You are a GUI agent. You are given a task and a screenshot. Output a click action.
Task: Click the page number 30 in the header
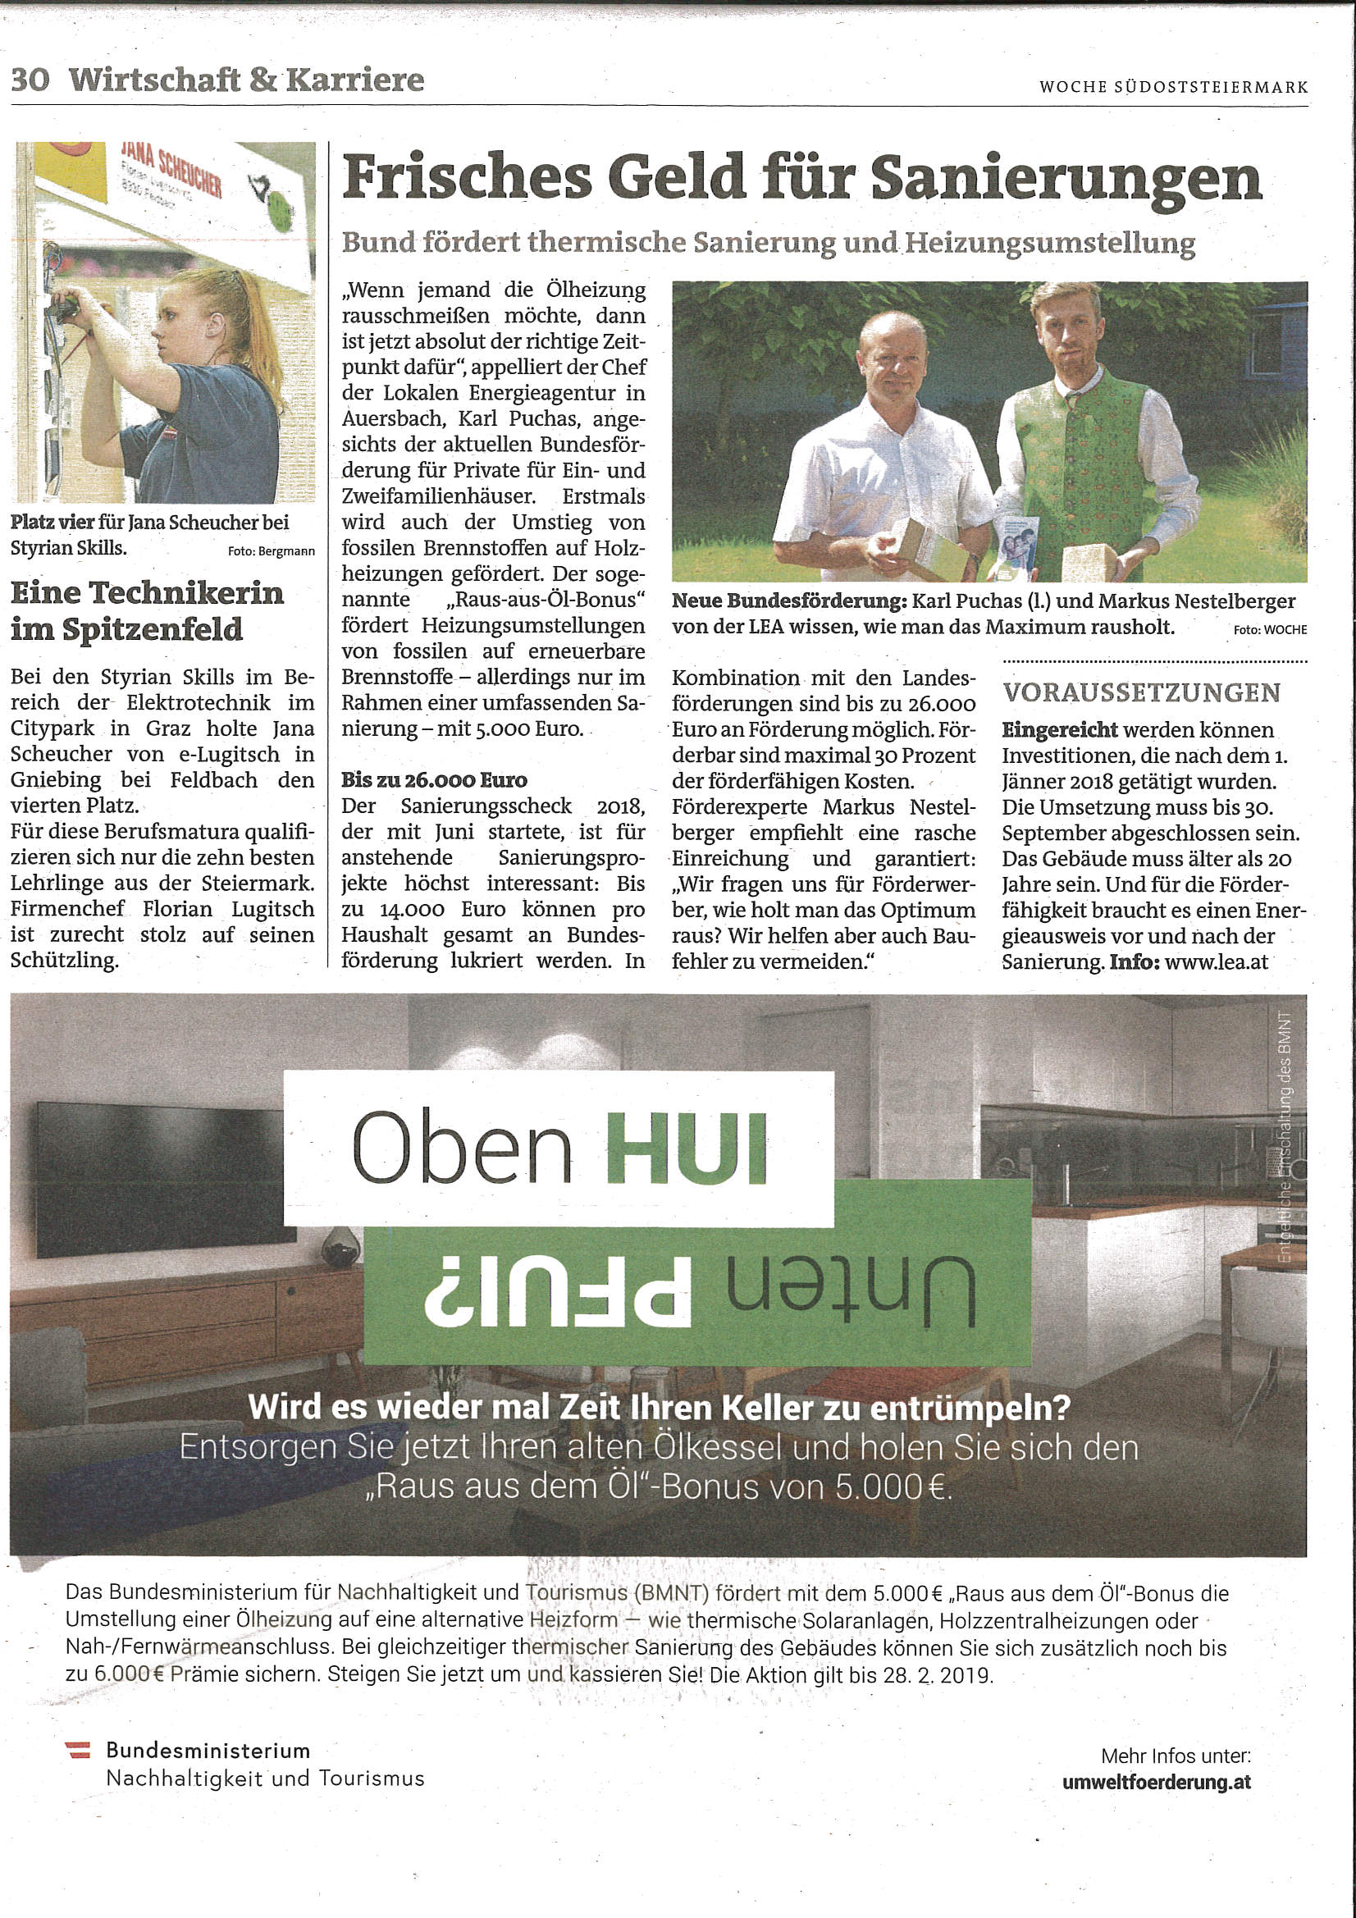(x=30, y=80)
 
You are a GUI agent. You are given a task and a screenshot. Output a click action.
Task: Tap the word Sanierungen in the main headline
(x=1065, y=180)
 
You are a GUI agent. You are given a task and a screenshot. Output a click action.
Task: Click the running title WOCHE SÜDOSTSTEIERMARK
(x=1173, y=87)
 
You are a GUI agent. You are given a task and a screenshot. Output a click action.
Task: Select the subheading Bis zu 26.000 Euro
(x=434, y=780)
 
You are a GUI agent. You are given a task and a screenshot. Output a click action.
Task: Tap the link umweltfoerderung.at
(x=1157, y=1782)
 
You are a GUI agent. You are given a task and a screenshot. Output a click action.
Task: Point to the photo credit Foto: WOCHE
(x=1270, y=630)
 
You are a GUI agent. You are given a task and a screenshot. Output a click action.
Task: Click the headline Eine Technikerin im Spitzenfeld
(x=147, y=610)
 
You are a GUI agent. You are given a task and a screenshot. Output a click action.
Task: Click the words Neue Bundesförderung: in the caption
(x=788, y=601)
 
